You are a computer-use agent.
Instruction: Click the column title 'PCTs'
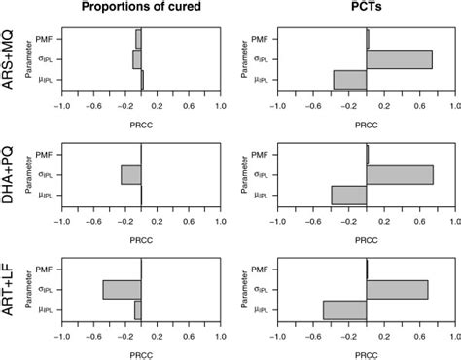click(x=366, y=10)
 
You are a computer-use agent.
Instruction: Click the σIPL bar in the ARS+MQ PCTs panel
click(x=399, y=59)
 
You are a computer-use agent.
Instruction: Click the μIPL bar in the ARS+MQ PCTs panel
click(x=350, y=80)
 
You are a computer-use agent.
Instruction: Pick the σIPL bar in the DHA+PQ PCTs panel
click(x=400, y=174)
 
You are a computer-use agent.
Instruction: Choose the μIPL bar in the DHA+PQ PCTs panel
click(x=349, y=195)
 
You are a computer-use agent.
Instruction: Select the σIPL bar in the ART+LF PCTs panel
click(x=397, y=289)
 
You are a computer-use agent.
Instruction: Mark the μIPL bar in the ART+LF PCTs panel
click(x=345, y=309)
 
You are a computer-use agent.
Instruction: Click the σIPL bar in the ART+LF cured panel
click(x=122, y=289)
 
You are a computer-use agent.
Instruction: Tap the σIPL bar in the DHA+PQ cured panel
click(x=131, y=174)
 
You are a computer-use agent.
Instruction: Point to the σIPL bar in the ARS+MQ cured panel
click(x=137, y=59)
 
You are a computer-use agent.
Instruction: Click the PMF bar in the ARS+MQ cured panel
click(x=138, y=39)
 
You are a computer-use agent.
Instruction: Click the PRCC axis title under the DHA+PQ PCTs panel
click(x=366, y=237)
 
